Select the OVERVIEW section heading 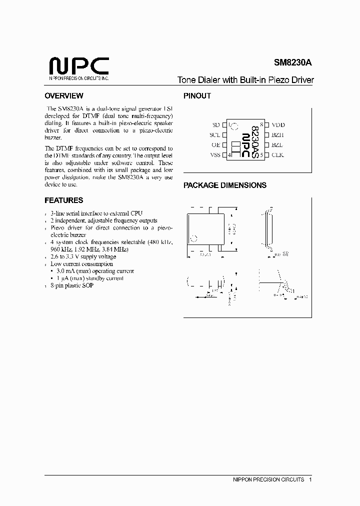coord(63,96)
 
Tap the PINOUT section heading coord(197,96)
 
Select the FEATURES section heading coord(63,200)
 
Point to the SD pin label coord(216,125)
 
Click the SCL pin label coord(215,135)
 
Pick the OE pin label coord(215,145)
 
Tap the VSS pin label coord(215,155)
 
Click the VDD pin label coord(278,125)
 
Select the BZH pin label coord(277,135)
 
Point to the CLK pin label coord(277,155)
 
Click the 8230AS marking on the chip coord(255,142)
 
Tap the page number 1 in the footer coord(310,479)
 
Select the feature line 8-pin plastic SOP coord(71,285)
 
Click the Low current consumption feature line coord(81,263)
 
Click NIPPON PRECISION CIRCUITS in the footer coord(268,479)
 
